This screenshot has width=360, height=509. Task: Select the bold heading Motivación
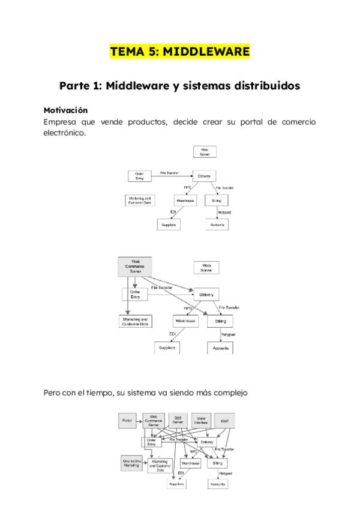66,110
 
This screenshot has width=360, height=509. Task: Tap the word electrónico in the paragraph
64,133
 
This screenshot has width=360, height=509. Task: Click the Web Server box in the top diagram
205,151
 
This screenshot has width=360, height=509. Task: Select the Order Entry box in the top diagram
140,175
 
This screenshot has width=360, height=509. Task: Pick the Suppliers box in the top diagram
169,224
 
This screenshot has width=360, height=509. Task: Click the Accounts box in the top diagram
217,224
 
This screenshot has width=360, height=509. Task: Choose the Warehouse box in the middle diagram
186,321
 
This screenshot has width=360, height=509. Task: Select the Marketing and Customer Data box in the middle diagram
136,322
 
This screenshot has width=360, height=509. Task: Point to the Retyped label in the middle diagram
228,334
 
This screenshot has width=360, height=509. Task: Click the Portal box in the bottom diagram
127,420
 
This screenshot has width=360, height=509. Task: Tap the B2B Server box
178,421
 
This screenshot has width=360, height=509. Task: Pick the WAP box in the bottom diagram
224,421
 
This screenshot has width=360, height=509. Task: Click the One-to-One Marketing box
131,463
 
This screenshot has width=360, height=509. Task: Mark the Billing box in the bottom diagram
217,464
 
